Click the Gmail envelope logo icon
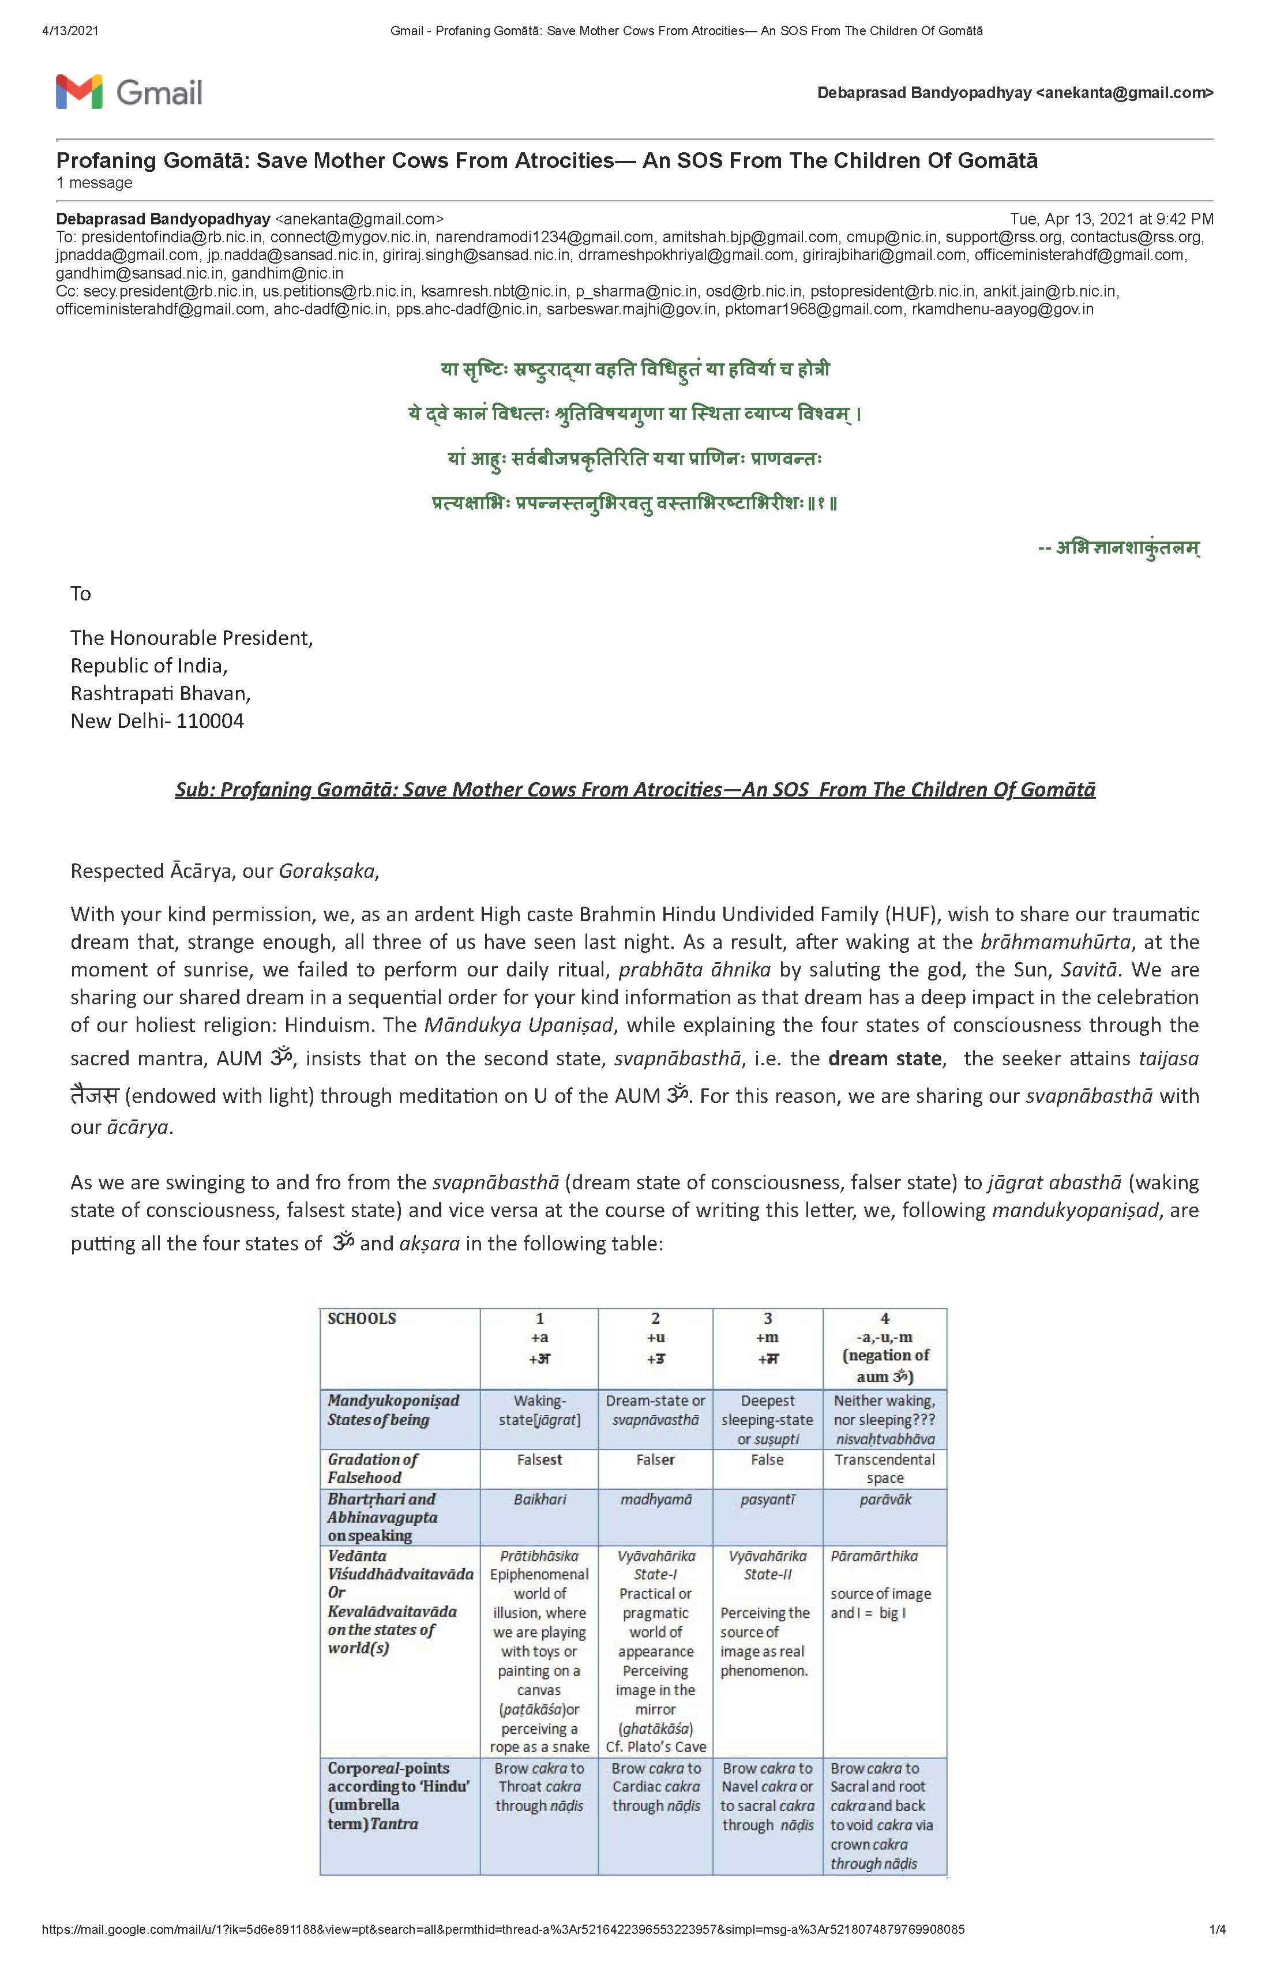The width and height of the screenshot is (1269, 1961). pos(79,92)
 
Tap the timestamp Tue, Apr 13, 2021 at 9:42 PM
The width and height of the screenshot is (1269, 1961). pos(1111,219)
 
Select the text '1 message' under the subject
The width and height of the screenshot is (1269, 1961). pos(94,183)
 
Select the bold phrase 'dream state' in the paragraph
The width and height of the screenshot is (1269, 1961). pos(885,1059)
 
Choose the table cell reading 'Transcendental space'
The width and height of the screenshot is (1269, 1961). pos(884,1468)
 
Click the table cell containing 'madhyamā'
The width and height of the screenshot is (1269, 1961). pos(655,1500)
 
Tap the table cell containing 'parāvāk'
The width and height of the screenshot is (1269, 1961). pos(884,1500)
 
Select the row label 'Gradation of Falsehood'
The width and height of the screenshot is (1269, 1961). pos(373,1468)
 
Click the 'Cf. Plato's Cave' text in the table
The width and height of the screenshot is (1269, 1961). pos(655,1747)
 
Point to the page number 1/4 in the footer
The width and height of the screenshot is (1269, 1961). pos(1217,1930)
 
